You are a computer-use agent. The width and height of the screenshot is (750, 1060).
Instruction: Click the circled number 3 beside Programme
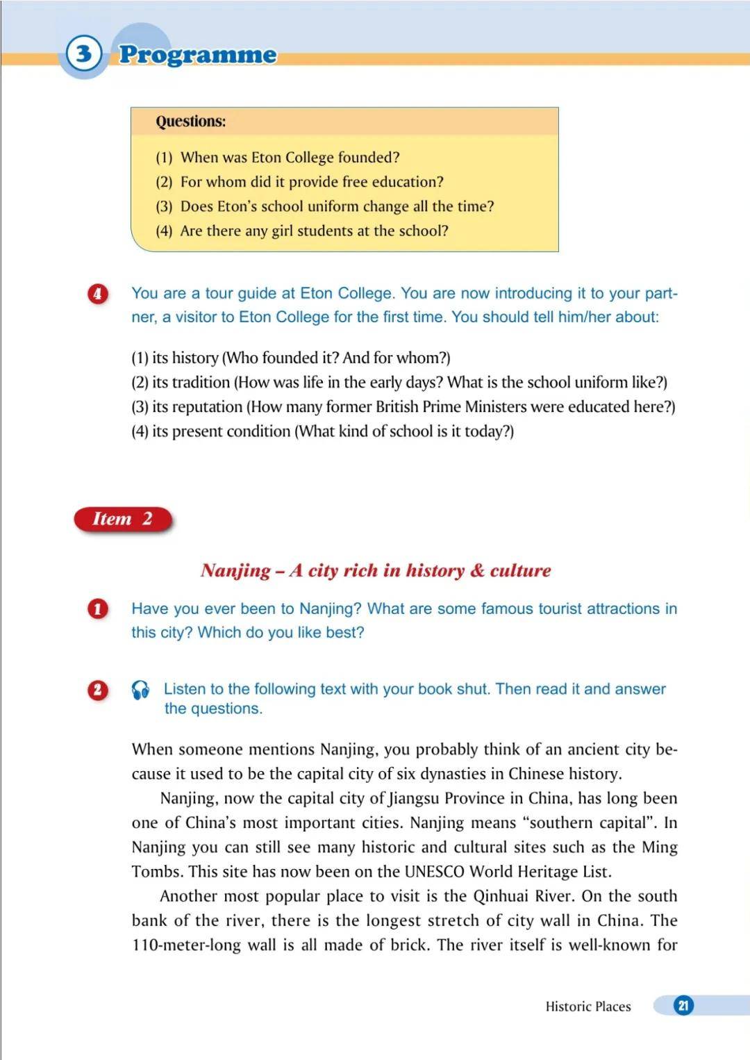[84, 53]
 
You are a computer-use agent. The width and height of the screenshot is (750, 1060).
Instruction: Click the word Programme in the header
[198, 55]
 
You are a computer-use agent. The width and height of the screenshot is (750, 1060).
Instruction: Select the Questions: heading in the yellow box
[191, 122]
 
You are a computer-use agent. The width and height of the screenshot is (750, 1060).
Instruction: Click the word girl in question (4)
[282, 231]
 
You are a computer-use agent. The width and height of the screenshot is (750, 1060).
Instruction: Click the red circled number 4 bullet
[97, 293]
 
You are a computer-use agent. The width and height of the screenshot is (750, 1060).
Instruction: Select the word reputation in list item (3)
[208, 406]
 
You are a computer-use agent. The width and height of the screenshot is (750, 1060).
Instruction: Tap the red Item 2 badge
[122, 519]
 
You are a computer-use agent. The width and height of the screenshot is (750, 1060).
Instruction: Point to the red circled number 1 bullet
[97, 609]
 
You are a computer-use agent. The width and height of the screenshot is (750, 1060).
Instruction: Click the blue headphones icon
[140, 690]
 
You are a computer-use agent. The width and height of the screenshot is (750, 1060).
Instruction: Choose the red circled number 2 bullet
[97, 690]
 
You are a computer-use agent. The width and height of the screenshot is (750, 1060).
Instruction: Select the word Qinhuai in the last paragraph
[501, 896]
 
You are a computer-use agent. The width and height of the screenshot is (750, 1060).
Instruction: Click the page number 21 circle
[683, 1005]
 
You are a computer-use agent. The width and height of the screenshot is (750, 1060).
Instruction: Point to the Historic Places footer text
[588, 1007]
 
